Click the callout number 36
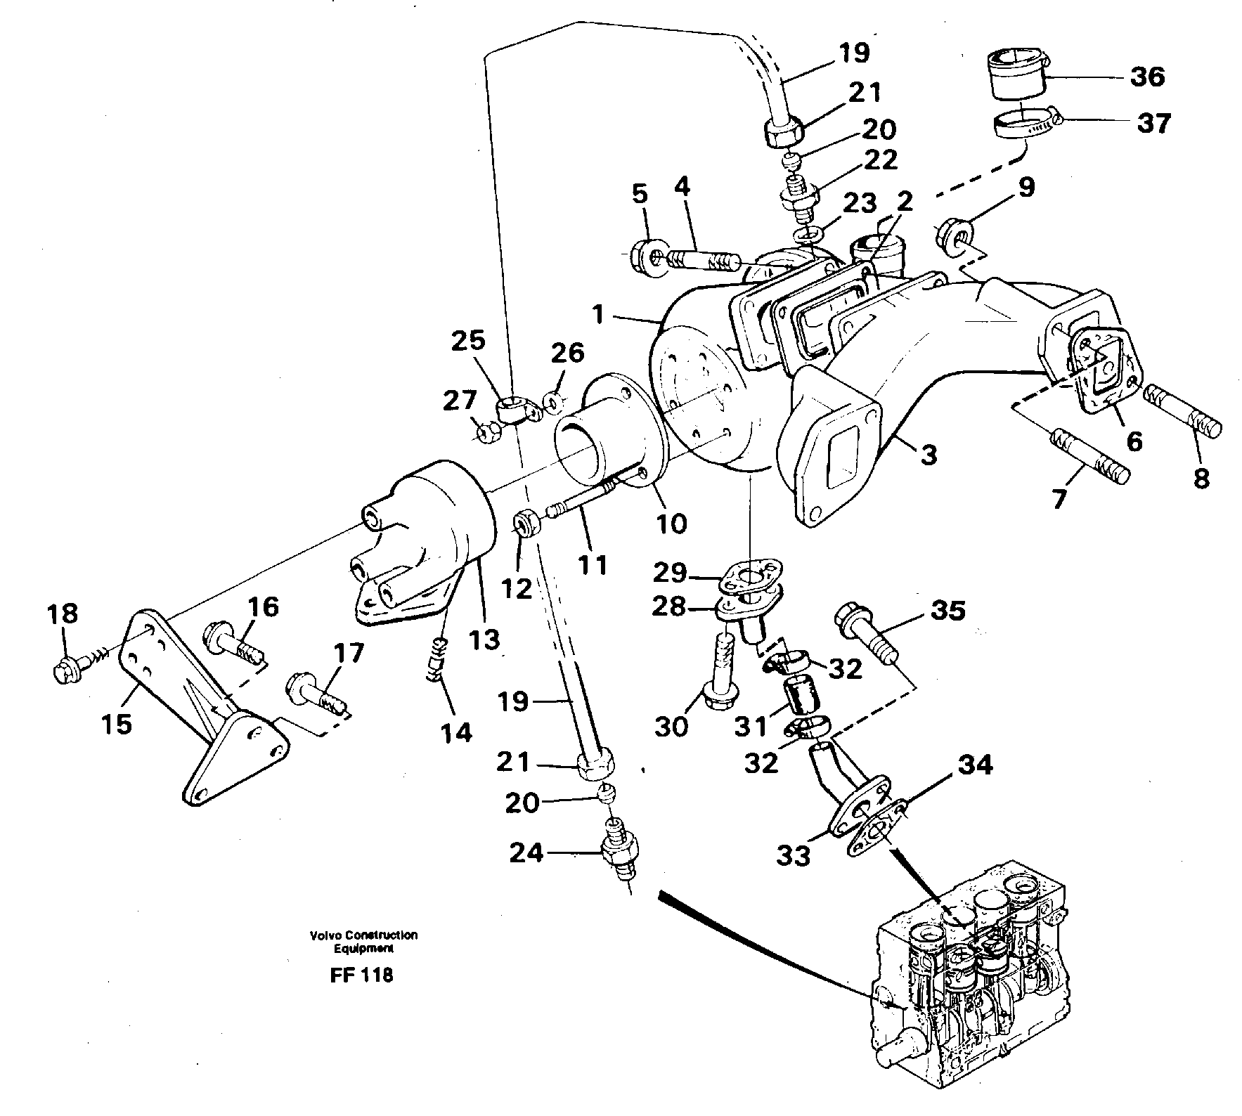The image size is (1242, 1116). coord(1146,76)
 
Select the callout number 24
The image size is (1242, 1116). coord(527,853)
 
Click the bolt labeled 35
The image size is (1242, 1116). coord(866,631)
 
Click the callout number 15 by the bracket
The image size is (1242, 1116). coord(117,723)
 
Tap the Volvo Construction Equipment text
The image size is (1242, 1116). coord(363,941)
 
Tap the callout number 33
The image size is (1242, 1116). coord(794,855)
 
